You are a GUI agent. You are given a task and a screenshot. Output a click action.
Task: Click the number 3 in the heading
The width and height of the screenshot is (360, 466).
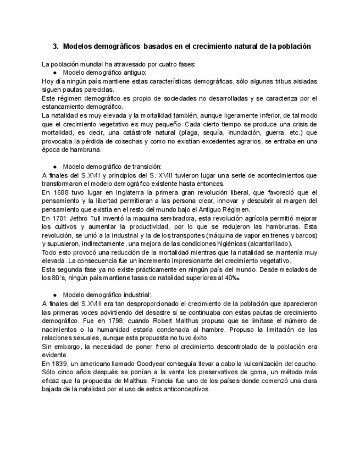[55, 46]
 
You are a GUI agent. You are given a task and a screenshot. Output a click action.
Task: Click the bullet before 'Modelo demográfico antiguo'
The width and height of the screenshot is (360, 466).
[56, 73]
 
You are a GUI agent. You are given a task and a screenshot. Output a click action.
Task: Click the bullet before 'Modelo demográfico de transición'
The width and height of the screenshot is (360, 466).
[56, 166]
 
